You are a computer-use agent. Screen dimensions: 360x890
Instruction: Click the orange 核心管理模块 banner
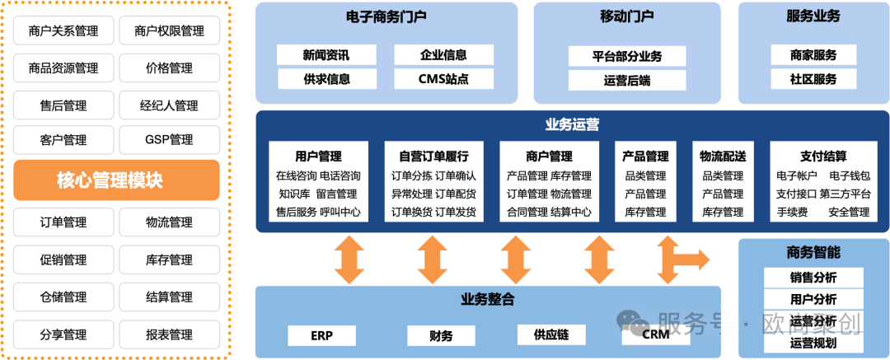[116, 180]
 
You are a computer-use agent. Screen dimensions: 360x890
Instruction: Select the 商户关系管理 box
[63, 31]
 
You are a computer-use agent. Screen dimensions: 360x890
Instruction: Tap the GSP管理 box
[169, 140]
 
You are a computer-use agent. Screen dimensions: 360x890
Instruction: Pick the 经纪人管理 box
[169, 105]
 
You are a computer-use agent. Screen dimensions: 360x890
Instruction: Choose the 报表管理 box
[169, 334]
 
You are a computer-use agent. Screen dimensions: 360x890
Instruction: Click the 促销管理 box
[63, 259]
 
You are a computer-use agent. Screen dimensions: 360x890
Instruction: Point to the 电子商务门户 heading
[386, 16]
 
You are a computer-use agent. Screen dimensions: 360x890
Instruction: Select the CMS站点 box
[443, 79]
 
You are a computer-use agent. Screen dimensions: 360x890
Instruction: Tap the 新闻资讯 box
[326, 55]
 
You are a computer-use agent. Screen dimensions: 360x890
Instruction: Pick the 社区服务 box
[813, 79]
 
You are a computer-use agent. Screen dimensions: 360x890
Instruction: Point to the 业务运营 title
[572, 125]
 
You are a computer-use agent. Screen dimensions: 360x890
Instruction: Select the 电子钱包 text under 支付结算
[850, 175]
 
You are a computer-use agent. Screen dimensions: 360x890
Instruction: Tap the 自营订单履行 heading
[433, 156]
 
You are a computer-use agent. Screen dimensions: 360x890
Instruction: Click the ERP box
[321, 335]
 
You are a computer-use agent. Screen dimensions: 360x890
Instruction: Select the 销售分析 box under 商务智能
[813, 277]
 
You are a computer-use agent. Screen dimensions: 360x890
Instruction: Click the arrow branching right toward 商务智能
[688, 259]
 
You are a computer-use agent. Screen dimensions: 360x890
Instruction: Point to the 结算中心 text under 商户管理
[570, 212]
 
